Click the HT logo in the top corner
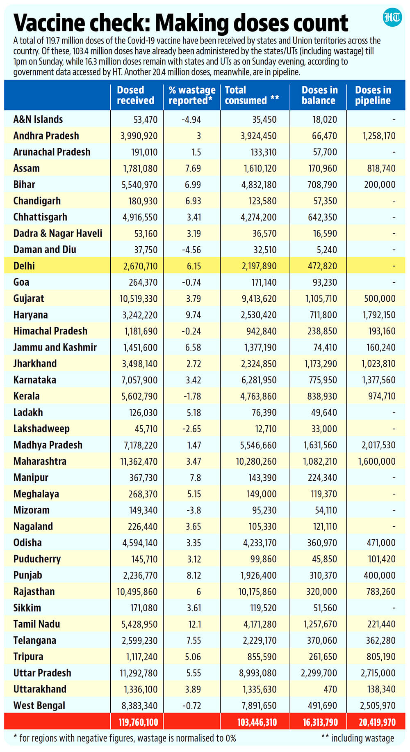(392, 18)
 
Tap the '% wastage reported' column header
(192, 95)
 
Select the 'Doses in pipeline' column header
(373, 95)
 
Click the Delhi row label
(24, 266)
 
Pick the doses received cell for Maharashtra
(139, 461)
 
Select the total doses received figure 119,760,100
(138, 722)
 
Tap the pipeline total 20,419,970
(377, 722)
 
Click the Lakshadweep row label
(41, 429)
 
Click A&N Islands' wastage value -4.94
(191, 120)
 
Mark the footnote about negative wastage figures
(125, 738)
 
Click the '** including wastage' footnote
(358, 738)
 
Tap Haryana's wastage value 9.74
(193, 315)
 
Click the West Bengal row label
(39, 706)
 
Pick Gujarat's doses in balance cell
(321, 299)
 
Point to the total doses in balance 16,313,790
(321, 722)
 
